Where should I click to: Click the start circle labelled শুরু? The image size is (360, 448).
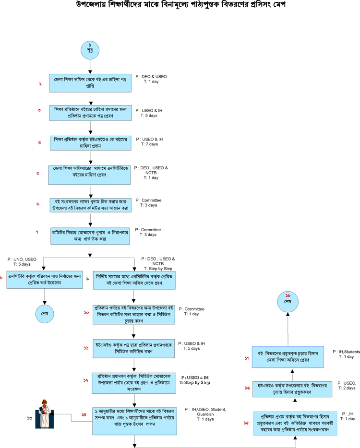(90, 49)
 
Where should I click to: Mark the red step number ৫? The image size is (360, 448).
(38, 173)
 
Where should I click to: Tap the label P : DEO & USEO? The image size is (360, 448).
(152, 77)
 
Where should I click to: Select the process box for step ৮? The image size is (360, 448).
(44, 281)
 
